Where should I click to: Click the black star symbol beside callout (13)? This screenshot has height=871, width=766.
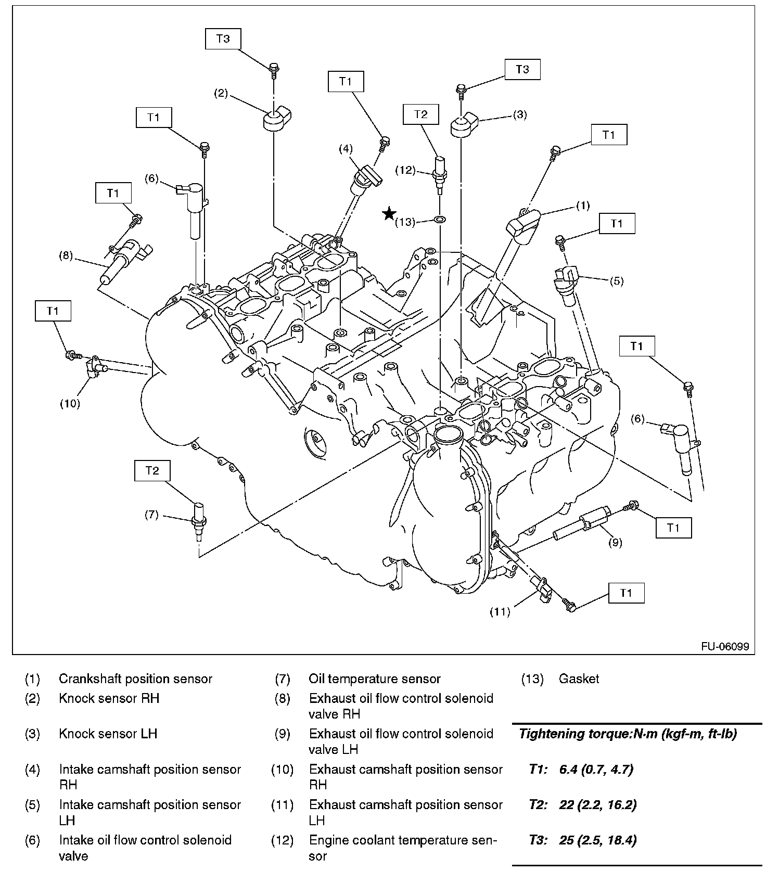pyautogui.click(x=389, y=213)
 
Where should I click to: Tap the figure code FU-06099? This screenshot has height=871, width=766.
pyautogui.click(x=725, y=647)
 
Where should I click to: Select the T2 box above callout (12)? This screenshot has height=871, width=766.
pyautogui.click(x=420, y=114)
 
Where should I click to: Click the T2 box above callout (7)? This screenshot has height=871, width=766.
pyautogui.click(x=152, y=471)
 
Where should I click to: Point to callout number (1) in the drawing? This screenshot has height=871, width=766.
pyautogui.click(x=583, y=206)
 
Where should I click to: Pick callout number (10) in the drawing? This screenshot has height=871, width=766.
pyautogui.click(x=70, y=403)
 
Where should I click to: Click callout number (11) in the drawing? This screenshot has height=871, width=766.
pyautogui.click(x=500, y=612)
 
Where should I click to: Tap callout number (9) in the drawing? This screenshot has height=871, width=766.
pyautogui.click(x=615, y=543)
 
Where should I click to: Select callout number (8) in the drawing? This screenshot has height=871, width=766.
pyautogui.click(x=66, y=255)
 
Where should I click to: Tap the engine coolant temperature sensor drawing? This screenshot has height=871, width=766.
pyautogui.click(x=439, y=170)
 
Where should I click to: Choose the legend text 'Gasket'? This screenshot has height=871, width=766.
pyautogui.click(x=579, y=678)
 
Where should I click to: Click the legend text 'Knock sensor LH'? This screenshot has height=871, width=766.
pyautogui.click(x=108, y=734)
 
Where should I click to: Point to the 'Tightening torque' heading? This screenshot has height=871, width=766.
pyautogui.click(x=628, y=734)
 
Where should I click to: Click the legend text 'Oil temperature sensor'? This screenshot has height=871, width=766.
pyautogui.click(x=374, y=678)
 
